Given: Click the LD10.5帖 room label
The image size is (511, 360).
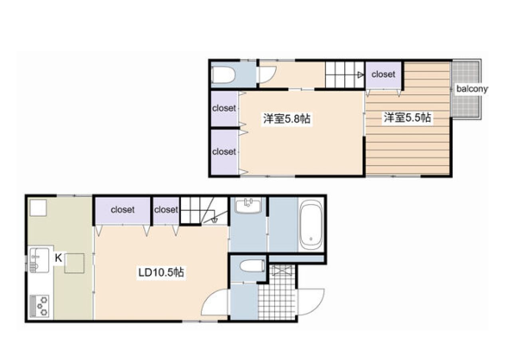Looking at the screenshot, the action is point(161,272).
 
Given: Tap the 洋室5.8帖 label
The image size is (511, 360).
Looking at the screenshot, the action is point(287,119).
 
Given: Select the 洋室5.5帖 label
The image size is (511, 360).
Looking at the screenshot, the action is point(407,118).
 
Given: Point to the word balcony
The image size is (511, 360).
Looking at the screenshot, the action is point(472,89).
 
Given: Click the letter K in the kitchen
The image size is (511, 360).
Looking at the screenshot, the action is point(58,258).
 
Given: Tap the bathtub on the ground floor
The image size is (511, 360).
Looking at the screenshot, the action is point(311,225).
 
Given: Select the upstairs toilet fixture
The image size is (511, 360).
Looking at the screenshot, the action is point(223,75).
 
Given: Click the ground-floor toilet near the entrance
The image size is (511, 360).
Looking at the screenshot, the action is point(253,266).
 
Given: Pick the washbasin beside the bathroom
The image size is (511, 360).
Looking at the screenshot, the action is point(248,205).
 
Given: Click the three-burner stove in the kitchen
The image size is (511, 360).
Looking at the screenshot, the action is point(40,306).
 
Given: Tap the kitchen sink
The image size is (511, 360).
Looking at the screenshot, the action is point(40,260).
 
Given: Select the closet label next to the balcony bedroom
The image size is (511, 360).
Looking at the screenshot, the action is point(383,74).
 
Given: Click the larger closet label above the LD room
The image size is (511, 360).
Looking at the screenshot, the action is point(123,210).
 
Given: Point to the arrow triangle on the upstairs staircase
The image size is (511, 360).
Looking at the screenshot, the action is point(360,75).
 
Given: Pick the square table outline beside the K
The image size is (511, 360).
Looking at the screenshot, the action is point(74,263).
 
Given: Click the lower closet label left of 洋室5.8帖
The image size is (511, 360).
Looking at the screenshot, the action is point(224,152).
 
